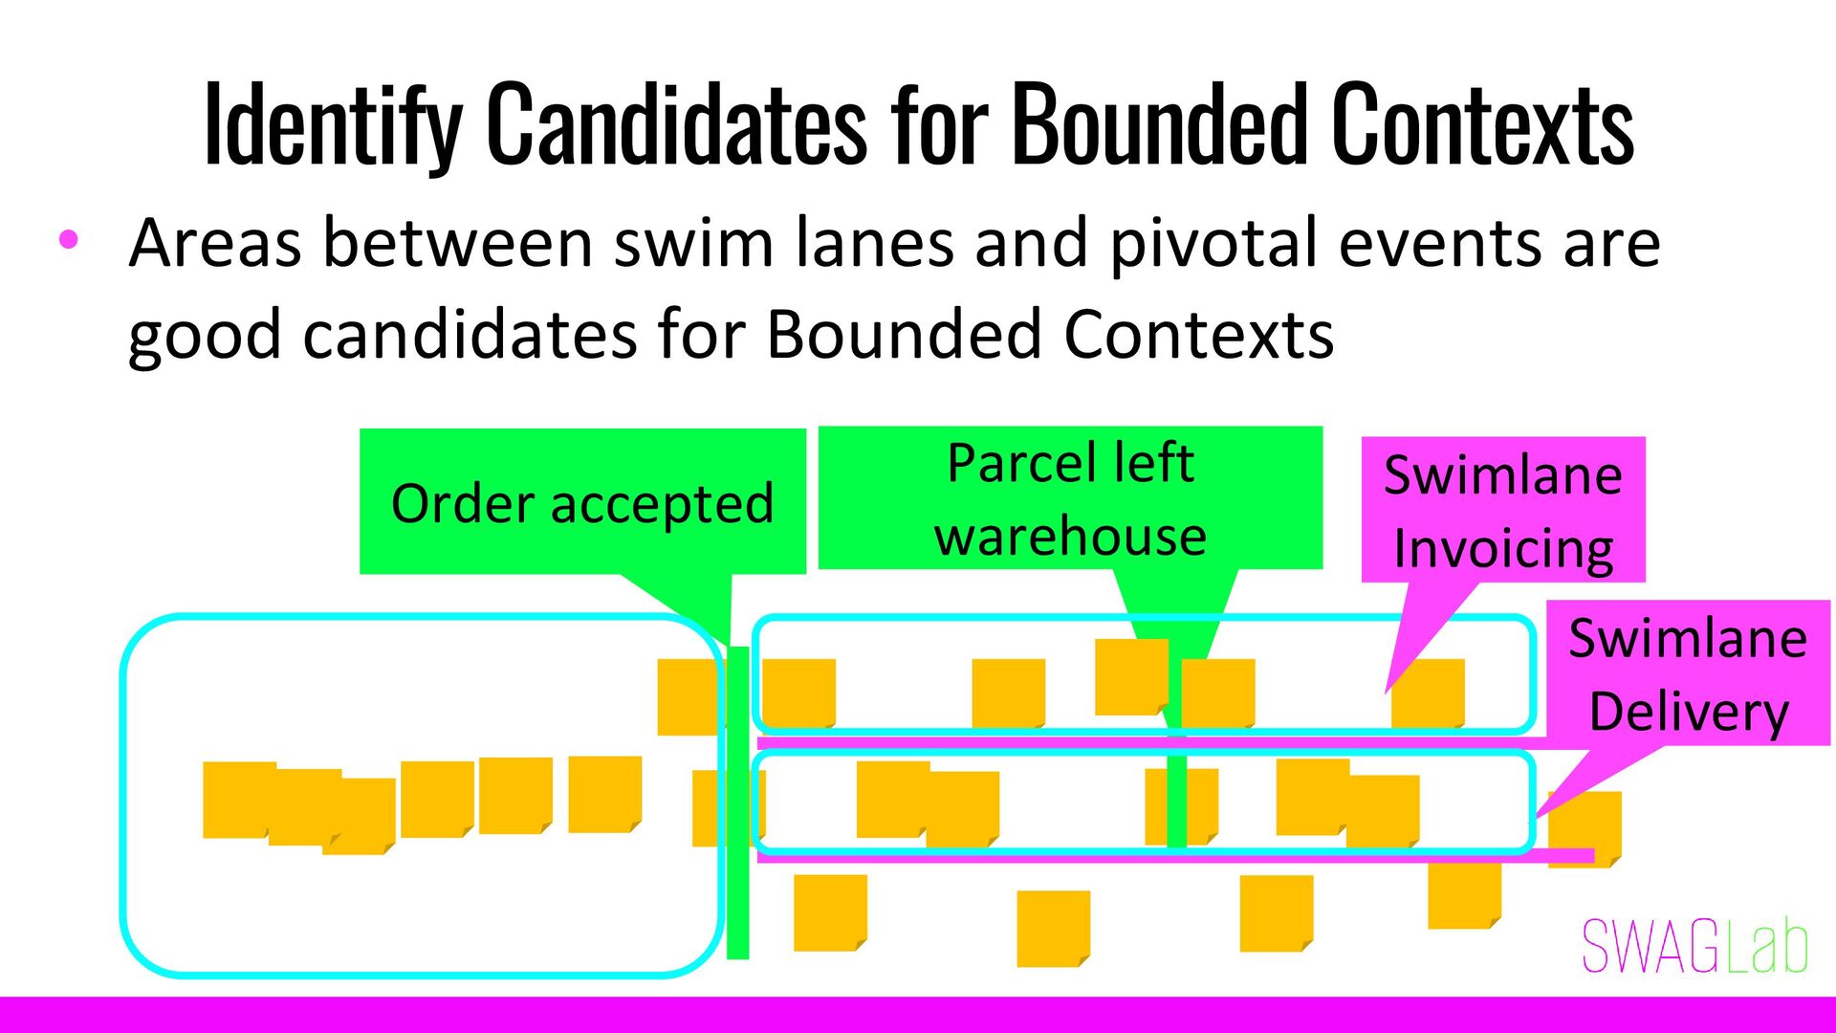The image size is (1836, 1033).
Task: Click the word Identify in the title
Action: (332, 124)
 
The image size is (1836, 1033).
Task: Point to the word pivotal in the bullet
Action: (1213, 243)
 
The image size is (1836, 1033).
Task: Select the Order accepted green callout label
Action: (582, 502)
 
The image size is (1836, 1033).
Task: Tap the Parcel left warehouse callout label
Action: (1070, 498)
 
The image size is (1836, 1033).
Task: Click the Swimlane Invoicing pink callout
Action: (1502, 510)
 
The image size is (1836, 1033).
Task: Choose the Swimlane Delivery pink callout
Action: (1688, 673)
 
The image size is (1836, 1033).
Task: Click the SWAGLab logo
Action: (1694, 947)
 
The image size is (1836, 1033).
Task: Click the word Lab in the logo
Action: (1767, 947)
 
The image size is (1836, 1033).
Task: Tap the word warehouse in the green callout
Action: (1070, 536)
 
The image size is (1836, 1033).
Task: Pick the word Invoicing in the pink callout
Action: (1503, 548)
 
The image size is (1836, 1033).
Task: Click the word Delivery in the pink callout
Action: (1689, 713)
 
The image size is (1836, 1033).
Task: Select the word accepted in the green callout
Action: (662, 504)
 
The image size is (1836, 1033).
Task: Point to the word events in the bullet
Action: (1440, 243)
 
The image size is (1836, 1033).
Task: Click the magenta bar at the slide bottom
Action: (918, 1014)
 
